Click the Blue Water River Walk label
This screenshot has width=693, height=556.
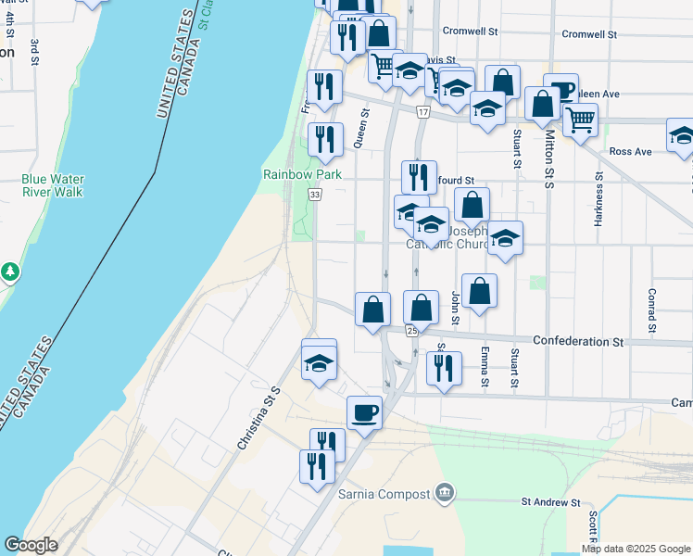tap(52, 185)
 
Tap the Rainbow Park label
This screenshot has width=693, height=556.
tap(302, 174)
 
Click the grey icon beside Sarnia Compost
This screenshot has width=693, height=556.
tap(445, 490)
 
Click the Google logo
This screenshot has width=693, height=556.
tap(31, 545)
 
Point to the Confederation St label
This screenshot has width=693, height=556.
tap(578, 342)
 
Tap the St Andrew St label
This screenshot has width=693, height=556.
tap(550, 502)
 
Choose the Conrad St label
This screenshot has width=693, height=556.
tap(652, 310)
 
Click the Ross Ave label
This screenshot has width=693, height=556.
tap(631, 151)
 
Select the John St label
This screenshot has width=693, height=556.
tap(455, 309)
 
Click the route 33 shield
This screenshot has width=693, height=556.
tap(315, 194)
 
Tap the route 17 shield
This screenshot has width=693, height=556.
tap(422, 112)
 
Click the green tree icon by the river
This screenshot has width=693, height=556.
tap(10, 272)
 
